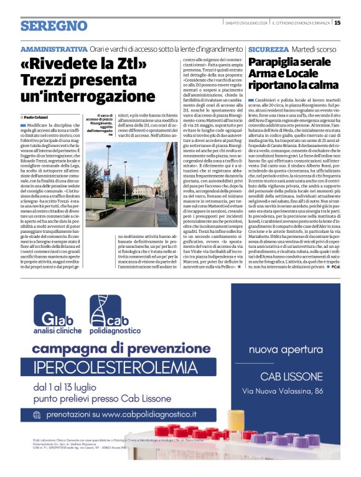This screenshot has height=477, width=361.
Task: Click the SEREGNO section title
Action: tap(54, 26)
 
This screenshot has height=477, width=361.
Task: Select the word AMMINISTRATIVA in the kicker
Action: tap(54, 49)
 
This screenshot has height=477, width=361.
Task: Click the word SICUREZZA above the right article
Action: tap(268, 49)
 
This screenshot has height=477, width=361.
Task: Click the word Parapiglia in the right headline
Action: tap(278, 63)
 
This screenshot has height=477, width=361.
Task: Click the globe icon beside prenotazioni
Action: tap(39, 414)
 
